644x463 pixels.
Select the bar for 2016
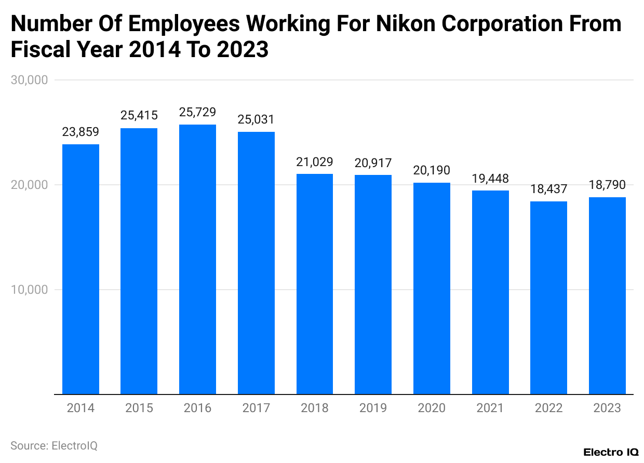pyautogui.click(x=197, y=260)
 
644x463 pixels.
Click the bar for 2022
pyautogui.click(x=548, y=298)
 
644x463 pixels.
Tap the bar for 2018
pyautogui.click(x=315, y=284)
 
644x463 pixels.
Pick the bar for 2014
pyautogui.click(x=81, y=269)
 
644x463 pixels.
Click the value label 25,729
pyautogui.click(x=197, y=112)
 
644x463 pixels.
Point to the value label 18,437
pyautogui.click(x=548, y=189)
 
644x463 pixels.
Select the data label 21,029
pyautogui.click(x=315, y=161)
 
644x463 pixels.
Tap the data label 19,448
pyautogui.click(x=490, y=179)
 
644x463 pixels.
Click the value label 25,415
pyautogui.click(x=139, y=115)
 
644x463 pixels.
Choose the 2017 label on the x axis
pyautogui.click(x=256, y=408)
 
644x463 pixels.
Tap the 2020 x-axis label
pyautogui.click(x=432, y=408)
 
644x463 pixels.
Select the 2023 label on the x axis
pyautogui.click(x=607, y=408)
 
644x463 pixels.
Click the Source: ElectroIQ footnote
pyautogui.click(x=54, y=445)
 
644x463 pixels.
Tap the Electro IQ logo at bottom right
pyautogui.click(x=611, y=452)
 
